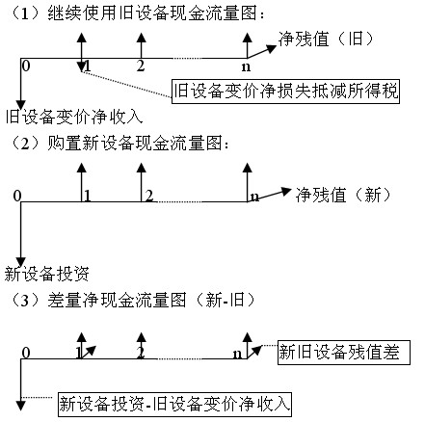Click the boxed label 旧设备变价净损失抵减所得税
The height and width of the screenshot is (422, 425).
[x=285, y=92]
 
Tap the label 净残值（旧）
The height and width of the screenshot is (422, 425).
[x=326, y=40]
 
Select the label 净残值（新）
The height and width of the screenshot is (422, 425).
[x=343, y=195]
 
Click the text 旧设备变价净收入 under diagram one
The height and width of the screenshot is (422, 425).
[x=74, y=117]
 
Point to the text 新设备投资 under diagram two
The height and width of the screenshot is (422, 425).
[x=46, y=274]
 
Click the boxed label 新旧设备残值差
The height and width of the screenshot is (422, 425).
[x=344, y=353]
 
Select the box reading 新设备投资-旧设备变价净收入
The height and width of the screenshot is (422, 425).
[x=174, y=404]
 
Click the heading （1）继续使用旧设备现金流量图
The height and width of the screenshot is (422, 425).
[x=138, y=13]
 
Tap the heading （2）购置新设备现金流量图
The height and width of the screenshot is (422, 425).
[x=120, y=143]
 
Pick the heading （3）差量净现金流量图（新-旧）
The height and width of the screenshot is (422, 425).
[x=134, y=301]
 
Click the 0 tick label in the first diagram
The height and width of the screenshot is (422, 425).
[x=26, y=66]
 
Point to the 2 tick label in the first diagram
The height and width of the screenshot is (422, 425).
[x=141, y=66]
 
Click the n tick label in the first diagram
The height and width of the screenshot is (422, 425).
[x=246, y=66]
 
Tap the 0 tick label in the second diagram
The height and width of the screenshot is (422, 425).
[x=17, y=196]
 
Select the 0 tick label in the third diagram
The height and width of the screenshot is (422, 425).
[x=26, y=353]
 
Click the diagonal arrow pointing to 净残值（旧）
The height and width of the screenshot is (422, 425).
[x=262, y=52]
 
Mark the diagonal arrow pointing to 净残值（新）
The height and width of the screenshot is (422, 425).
[x=269, y=195]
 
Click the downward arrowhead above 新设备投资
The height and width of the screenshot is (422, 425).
[x=21, y=261]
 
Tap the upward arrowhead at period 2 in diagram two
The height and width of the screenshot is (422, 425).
[x=141, y=168]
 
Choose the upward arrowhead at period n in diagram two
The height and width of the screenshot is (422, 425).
[x=247, y=168]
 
